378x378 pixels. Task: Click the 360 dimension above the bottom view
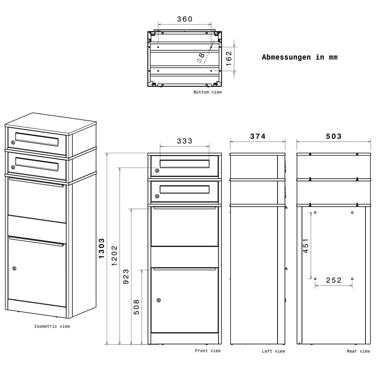[185, 19]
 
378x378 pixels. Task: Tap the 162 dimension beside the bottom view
[228, 59]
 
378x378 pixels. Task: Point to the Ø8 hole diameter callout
[200, 58]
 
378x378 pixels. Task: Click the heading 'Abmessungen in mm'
[300, 57]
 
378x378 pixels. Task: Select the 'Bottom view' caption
[207, 92]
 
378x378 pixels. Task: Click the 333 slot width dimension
[185, 141]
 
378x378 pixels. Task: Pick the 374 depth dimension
[258, 137]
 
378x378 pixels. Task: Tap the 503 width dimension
[334, 137]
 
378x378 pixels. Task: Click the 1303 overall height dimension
[102, 248]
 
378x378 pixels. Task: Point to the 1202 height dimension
[114, 256]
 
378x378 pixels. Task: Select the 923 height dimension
[126, 277]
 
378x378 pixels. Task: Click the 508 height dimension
[137, 307]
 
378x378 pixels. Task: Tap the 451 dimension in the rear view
[306, 245]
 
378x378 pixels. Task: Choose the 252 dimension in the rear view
[334, 280]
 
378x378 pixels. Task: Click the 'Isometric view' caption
[52, 326]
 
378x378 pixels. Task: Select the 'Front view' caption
[208, 351]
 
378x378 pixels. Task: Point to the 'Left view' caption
[274, 351]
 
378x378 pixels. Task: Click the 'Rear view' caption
[358, 351]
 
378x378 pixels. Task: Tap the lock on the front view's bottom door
[159, 300]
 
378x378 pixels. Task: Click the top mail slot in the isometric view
[37, 139]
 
